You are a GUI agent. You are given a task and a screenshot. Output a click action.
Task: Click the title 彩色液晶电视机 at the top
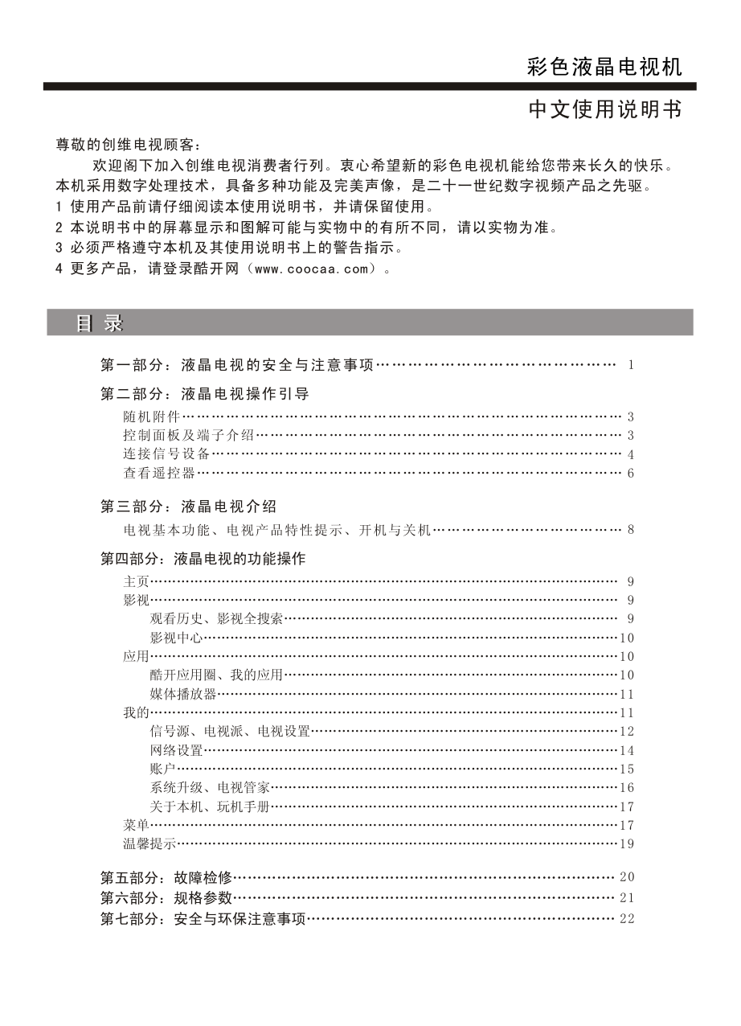(x=604, y=68)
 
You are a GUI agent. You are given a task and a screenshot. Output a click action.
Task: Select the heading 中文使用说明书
(x=604, y=110)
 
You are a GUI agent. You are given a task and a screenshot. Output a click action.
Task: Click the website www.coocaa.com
(x=309, y=269)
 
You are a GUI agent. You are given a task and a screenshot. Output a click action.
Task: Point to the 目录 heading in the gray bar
(x=100, y=323)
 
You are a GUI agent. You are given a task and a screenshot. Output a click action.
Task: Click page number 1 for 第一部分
(x=631, y=366)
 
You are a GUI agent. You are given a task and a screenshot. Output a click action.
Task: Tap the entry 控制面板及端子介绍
(x=189, y=435)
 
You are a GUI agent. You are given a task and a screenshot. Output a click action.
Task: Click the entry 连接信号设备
(x=160, y=454)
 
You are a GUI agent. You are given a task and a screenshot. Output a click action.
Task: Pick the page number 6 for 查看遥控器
(x=631, y=473)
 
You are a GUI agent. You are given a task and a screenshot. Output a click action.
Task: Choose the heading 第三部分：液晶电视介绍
(x=188, y=507)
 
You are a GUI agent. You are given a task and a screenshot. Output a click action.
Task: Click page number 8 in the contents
(x=631, y=530)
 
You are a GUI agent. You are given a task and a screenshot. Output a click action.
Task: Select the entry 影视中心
(x=176, y=638)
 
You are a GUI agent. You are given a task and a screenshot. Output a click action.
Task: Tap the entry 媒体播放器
(x=183, y=694)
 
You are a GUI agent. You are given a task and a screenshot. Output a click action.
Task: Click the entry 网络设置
(x=176, y=750)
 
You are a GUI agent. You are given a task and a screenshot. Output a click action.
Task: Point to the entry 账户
(x=162, y=769)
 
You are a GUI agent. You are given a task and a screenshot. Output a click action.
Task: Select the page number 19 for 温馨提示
(x=627, y=843)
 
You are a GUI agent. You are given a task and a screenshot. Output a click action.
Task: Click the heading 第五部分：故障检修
(x=166, y=876)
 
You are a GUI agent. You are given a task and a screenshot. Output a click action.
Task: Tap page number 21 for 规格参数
(x=627, y=897)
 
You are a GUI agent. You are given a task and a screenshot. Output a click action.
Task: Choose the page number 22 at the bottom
(x=627, y=919)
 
